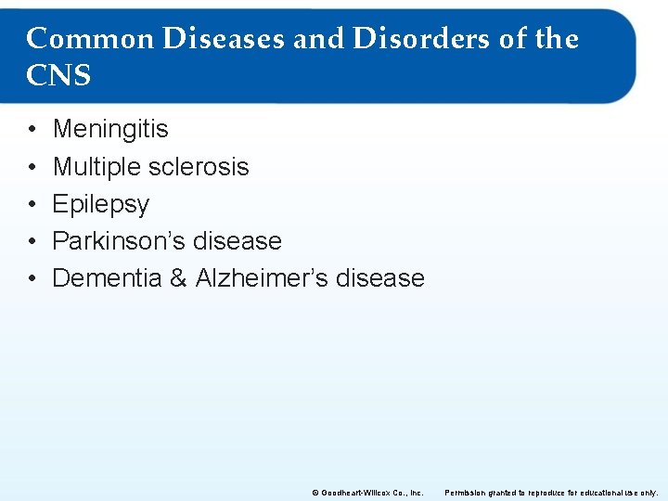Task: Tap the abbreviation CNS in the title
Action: click(58, 75)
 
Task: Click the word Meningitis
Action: click(110, 129)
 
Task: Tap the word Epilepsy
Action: click(100, 204)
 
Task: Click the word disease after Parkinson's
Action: click(239, 241)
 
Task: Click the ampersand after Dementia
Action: click(178, 278)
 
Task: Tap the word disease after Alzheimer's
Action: click(382, 278)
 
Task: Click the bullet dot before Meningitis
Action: click(31, 130)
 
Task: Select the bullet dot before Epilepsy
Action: click(31, 204)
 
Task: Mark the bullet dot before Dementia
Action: click(31, 278)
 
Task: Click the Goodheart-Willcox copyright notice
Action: click(367, 493)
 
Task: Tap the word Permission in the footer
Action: click(469, 493)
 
